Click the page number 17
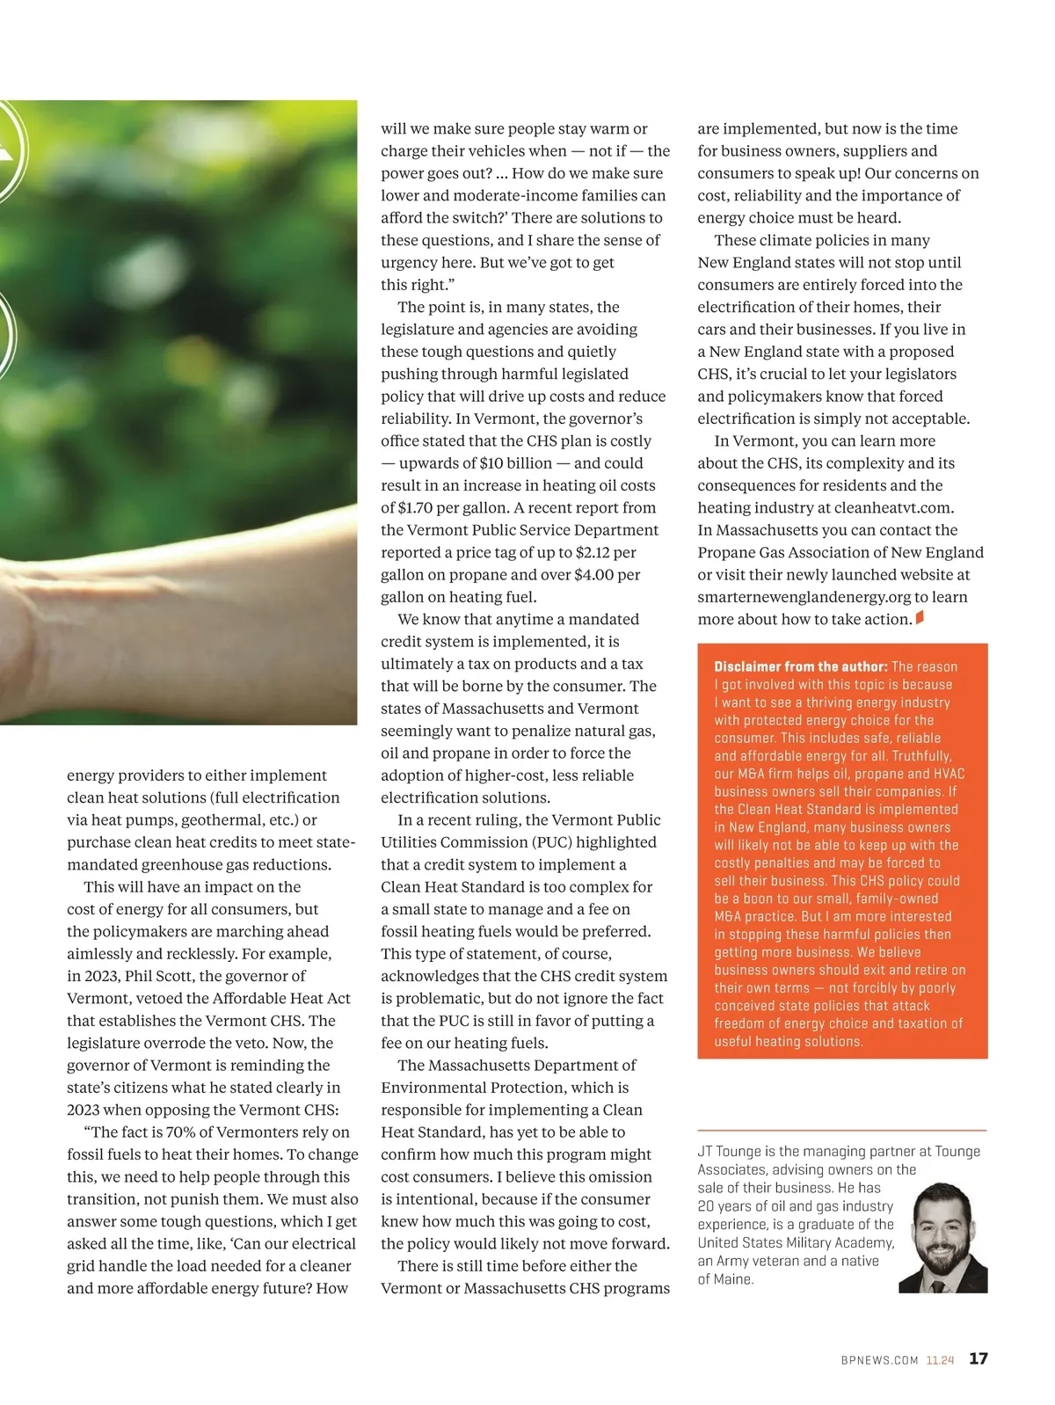coord(978,1358)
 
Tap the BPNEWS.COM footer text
coord(879,1360)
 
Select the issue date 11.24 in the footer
coord(940,1360)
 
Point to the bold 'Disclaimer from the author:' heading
coord(800,666)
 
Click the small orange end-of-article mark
coord(920,617)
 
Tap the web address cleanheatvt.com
coord(892,507)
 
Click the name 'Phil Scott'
coord(162,976)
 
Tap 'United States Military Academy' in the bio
coord(795,1242)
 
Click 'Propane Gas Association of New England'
coord(840,552)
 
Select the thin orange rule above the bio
coord(841,1130)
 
